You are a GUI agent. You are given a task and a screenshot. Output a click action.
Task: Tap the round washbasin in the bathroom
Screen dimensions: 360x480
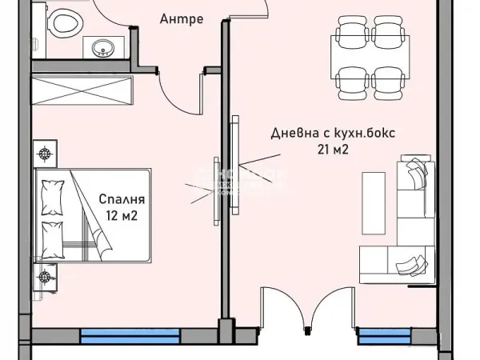click(x=102, y=50)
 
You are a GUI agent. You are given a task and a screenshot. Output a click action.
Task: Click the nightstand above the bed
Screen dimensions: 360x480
click(x=46, y=152)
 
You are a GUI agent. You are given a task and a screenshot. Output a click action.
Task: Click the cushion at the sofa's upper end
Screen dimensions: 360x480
click(x=417, y=171)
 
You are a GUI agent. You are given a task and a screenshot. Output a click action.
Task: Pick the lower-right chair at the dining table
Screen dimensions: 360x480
click(x=387, y=80)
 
